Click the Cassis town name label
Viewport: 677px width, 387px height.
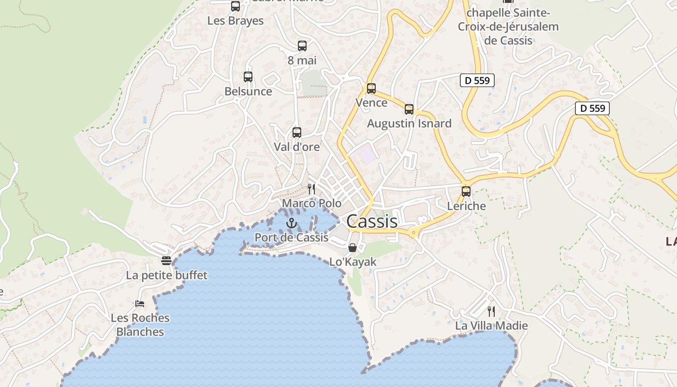[372, 221]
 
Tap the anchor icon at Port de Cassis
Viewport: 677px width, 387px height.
[291, 223]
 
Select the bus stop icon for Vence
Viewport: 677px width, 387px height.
[371, 89]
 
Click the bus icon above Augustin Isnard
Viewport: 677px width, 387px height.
[409, 109]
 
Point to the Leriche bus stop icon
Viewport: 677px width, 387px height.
[466, 191]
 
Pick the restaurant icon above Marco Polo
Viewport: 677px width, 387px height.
[311, 189]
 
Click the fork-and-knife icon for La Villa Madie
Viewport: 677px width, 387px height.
[491, 311]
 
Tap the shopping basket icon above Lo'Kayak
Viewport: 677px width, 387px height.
[353, 248]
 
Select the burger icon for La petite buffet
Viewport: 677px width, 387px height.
[166, 261]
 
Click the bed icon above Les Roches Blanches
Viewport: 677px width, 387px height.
[140, 304]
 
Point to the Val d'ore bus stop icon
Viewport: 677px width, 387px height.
[297, 132]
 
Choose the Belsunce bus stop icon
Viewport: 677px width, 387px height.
[248, 77]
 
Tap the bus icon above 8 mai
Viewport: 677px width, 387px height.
[302, 46]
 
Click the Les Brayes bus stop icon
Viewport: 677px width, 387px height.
[235, 6]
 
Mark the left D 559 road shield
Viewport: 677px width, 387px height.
[477, 80]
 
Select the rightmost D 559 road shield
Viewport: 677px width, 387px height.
[592, 108]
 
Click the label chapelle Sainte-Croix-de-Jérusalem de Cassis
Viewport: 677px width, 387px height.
[508, 27]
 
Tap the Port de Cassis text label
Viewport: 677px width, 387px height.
[291, 238]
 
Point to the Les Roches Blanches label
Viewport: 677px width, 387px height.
[140, 325]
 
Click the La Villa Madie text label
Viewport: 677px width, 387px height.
[491, 326]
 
